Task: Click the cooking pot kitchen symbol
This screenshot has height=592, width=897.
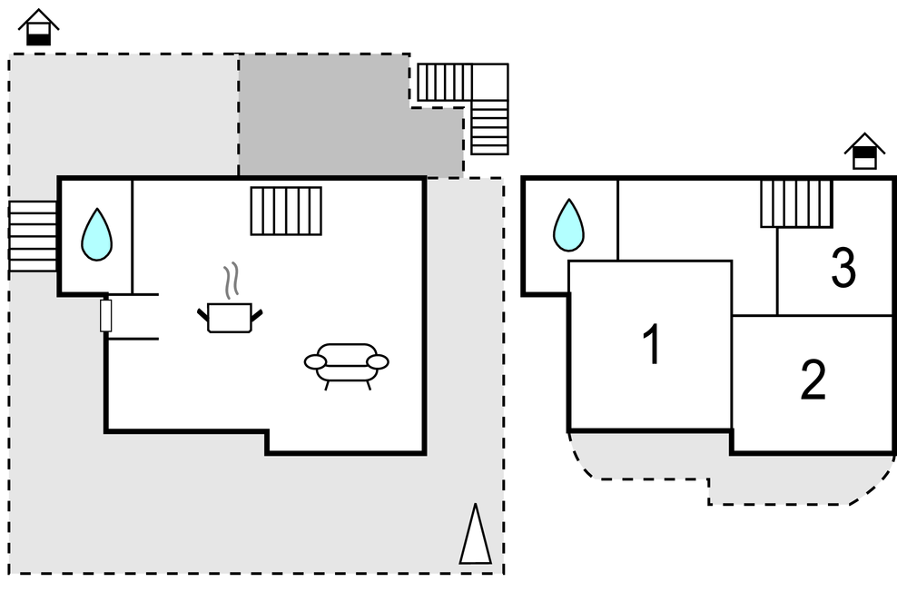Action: point(229,318)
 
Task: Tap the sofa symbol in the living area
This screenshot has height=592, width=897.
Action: point(346,362)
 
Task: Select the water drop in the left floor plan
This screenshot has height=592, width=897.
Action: point(96,235)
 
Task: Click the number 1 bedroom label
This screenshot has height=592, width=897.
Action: point(651,346)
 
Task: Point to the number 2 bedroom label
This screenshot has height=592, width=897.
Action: point(813,381)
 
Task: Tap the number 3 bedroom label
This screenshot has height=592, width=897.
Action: point(843,269)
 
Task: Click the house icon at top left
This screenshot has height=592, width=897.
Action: point(38,27)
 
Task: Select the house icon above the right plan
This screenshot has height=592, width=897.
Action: point(864,152)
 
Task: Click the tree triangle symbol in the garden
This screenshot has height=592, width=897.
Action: point(475,535)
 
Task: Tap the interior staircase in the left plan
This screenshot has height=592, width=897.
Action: point(286,211)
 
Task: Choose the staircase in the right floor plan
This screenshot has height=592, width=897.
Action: point(796,203)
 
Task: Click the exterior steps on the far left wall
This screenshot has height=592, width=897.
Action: point(33,236)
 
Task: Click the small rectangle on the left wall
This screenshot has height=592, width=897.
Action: point(105,315)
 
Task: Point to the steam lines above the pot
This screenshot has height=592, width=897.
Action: point(232,281)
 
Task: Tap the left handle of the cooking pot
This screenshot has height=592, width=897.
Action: point(202,315)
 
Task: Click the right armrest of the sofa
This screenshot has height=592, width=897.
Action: point(378,362)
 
